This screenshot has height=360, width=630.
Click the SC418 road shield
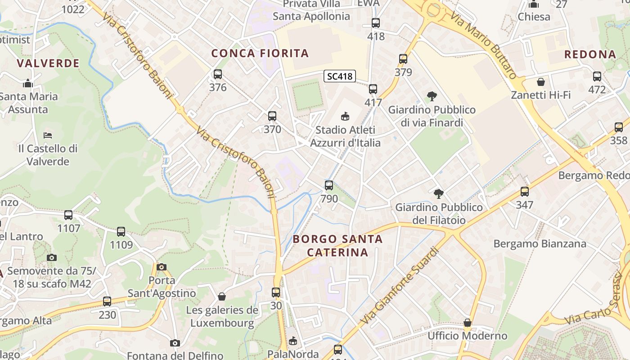(x=340, y=76)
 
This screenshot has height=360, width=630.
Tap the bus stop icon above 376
(x=218, y=74)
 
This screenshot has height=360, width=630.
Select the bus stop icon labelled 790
(x=329, y=185)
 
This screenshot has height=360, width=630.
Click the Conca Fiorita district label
(x=260, y=53)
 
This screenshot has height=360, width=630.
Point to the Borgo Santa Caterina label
(x=337, y=245)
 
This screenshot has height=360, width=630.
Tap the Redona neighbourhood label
(x=590, y=54)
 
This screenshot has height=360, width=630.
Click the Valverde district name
(x=48, y=63)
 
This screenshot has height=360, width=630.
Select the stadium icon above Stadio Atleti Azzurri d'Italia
(x=345, y=117)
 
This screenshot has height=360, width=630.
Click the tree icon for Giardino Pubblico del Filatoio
(x=438, y=194)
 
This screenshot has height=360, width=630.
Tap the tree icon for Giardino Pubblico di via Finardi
(x=432, y=96)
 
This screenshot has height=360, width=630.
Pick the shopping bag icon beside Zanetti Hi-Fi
(x=541, y=82)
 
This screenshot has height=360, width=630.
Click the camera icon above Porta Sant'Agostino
(x=162, y=267)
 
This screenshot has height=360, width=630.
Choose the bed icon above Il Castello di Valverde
(x=48, y=135)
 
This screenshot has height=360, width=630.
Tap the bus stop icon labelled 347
(x=525, y=192)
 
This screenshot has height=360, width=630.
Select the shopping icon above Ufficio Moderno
(x=468, y=323)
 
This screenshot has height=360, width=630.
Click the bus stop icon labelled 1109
(x=121, y=232)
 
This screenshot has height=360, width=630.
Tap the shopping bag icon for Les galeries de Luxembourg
(x=222, y=297)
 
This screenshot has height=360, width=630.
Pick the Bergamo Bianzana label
(x=540, y=244)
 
